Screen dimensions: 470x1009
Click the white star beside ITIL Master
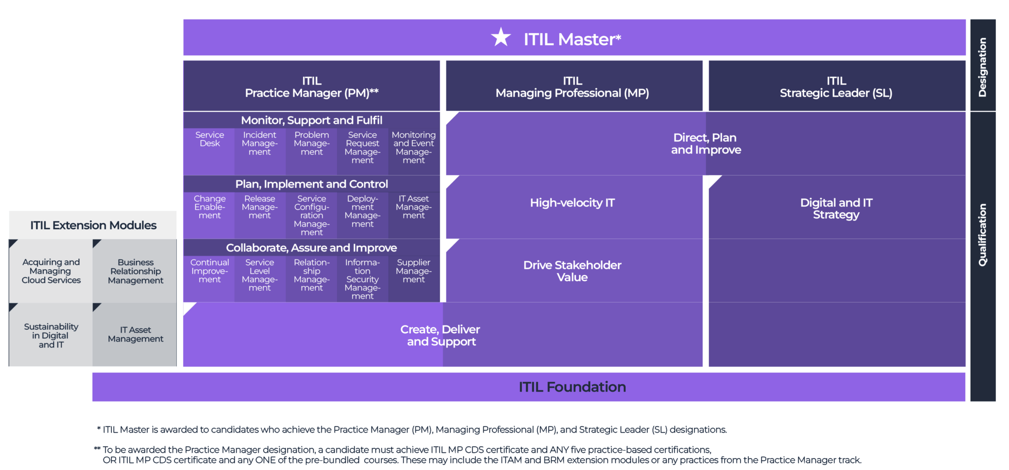click(501, 37)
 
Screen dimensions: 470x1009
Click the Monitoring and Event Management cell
click(413, 148)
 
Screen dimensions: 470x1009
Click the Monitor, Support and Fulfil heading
click(311, 120)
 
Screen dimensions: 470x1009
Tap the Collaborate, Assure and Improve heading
click(311, 248)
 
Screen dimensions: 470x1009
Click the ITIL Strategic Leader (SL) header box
click(836, 87)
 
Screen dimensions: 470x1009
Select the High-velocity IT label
click(572, 203)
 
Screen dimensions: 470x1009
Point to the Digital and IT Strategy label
click(836, 209)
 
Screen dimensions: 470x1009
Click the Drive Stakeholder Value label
click(572, 271)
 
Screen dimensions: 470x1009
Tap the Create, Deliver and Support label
click(440, 335)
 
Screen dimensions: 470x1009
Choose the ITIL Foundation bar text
click(572, 387)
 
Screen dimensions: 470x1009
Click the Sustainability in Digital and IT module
click(51, 335)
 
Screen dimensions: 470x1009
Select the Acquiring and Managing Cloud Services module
click(51, 271)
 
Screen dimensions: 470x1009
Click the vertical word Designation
click(982, 67)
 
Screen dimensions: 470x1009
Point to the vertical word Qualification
click(982, 235)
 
